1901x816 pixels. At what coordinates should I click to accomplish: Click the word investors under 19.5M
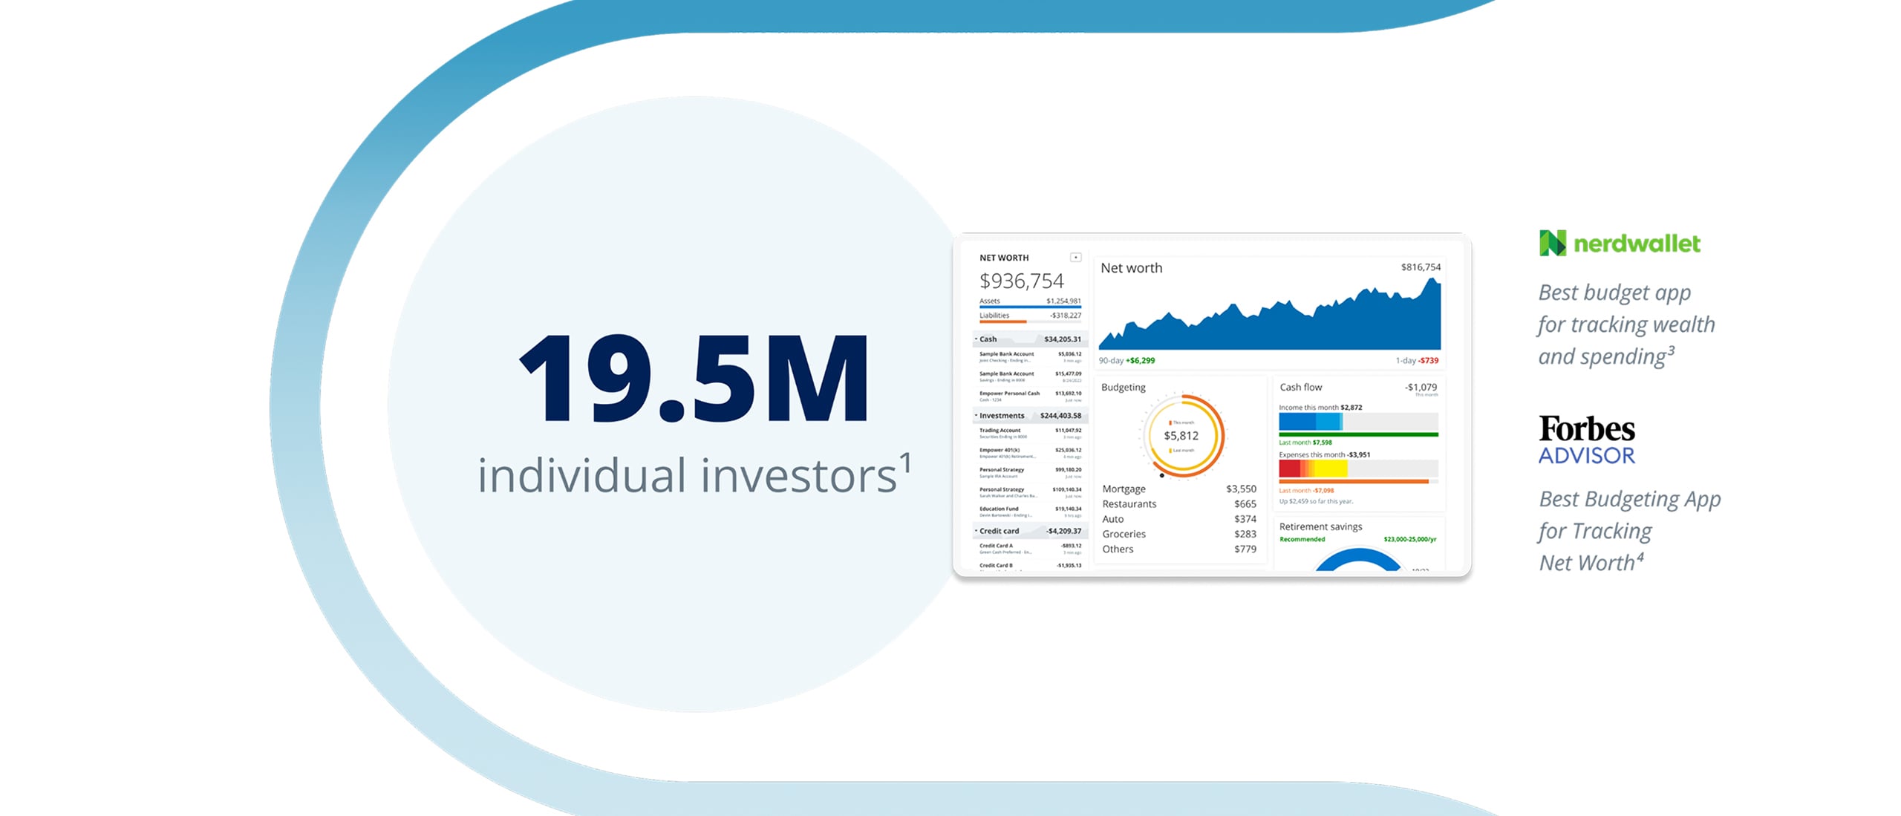point(798,476)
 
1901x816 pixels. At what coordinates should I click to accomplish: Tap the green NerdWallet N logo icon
point(1552,243)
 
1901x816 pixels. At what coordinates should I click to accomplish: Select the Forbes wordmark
point(1586,429)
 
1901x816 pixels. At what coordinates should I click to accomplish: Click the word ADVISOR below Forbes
point(1586,455)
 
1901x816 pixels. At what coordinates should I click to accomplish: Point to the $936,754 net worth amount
point(1021,281)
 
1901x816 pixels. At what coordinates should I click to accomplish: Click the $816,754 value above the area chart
point(1420,267)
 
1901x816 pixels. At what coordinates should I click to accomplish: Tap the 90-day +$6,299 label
point(1126,361)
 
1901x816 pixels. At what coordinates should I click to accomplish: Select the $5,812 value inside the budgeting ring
point(1181,436)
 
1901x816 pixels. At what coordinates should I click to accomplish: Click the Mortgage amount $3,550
point(1241,489)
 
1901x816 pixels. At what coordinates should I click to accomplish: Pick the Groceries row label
point(1124,534)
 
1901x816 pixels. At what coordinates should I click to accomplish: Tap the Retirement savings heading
point(1320,526)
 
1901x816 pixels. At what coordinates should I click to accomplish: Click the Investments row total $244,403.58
point(1060,416)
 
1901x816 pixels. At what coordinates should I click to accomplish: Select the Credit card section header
point(999,531)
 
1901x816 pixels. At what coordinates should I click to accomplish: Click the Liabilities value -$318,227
point(1065,316)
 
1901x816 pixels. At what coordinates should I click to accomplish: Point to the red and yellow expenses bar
point(1312,469)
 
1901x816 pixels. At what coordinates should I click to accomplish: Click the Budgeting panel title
point(1123,387)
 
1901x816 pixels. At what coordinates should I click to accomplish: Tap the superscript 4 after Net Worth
point(1640,555)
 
